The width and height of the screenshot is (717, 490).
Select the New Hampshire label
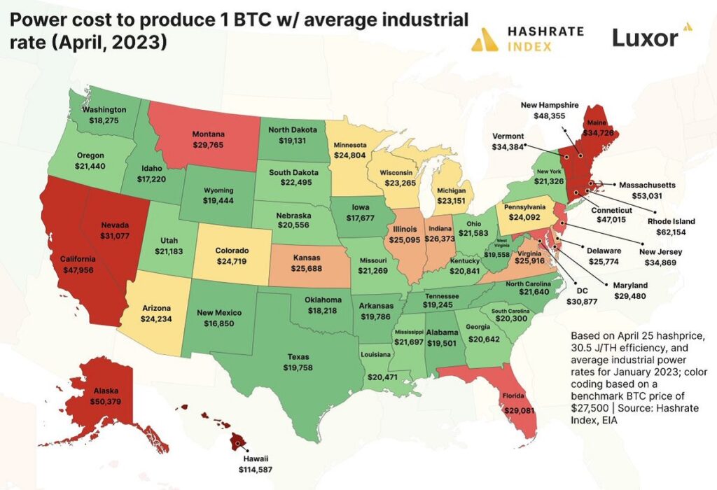coord(550,105)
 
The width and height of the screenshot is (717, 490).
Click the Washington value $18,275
coord(104,120)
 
